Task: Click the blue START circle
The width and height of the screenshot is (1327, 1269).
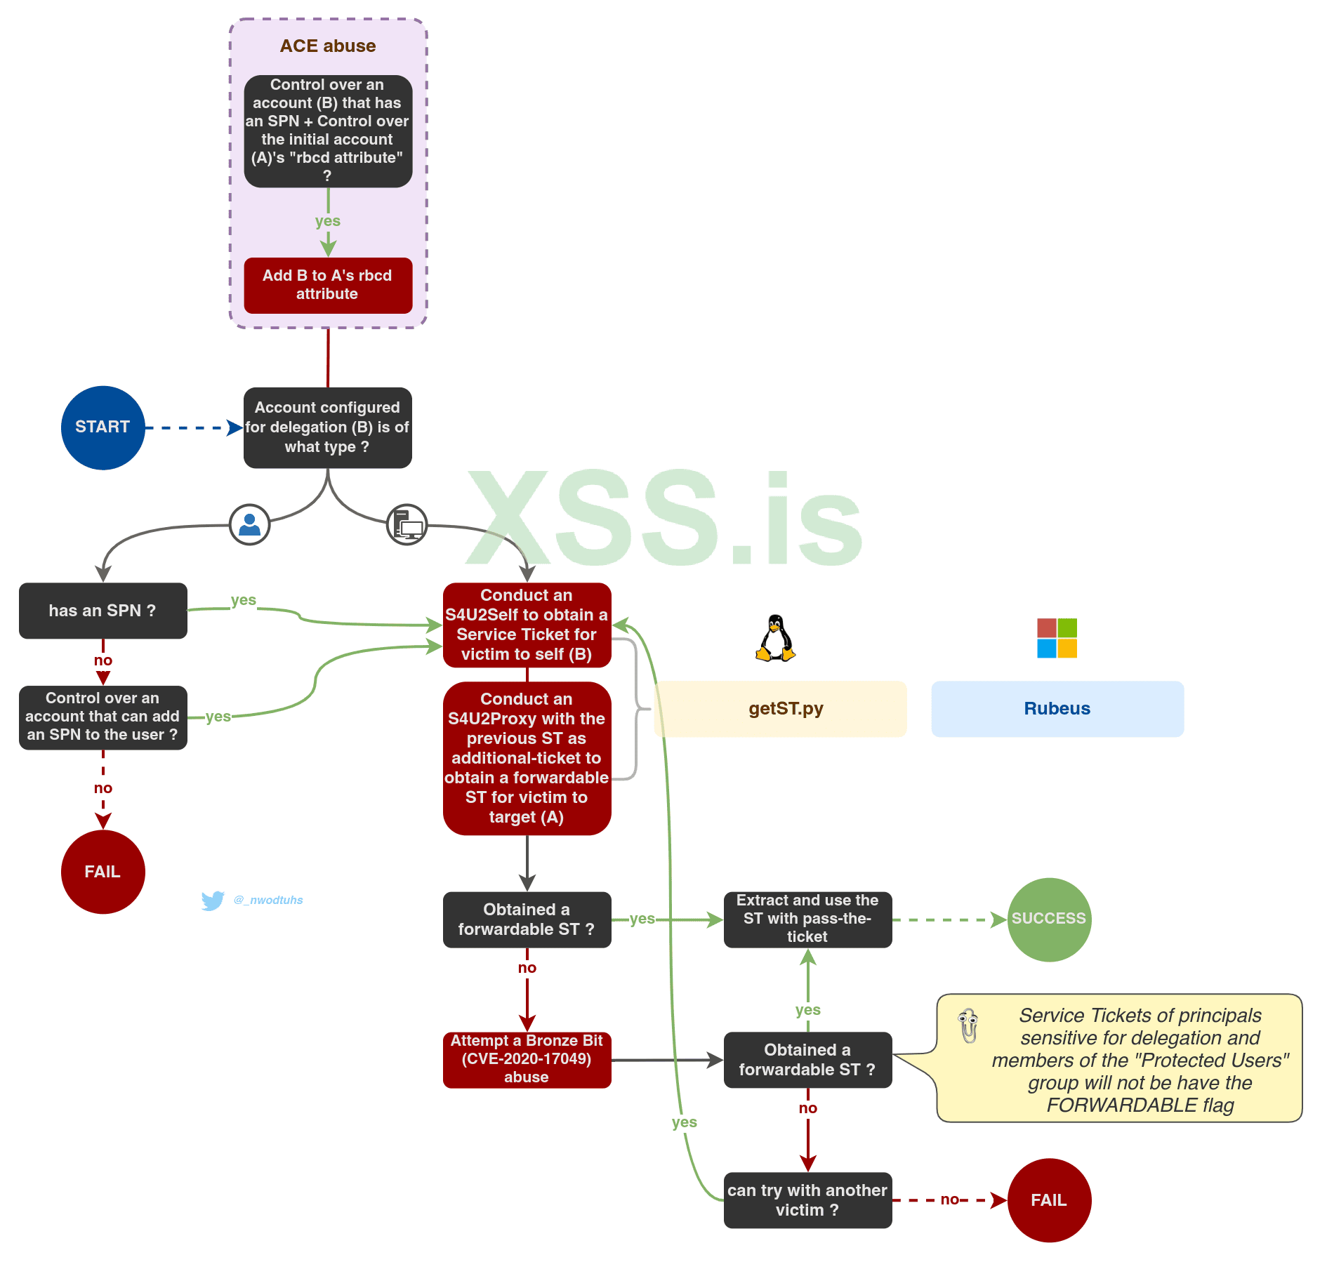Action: coord(103,427)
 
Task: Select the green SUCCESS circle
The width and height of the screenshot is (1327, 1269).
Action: coord(1049,919)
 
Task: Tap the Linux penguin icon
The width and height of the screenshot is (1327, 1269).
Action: coord(775,638)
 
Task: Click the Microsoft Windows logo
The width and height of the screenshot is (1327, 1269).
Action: coord(1057,638)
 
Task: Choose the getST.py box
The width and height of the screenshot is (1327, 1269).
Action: coord(780,709)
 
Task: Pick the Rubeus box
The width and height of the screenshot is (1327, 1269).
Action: coord(1057,709)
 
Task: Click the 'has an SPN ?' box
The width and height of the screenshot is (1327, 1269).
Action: coord(103,611)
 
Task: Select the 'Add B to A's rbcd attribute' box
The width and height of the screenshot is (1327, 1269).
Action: coord(328,285)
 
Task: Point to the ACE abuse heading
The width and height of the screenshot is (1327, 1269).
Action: coord(328,46)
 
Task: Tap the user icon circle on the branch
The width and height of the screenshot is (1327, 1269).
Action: coord(249,524)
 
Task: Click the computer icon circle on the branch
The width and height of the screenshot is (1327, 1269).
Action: coord(407,524)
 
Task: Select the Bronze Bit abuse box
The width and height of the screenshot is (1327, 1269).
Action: coord(527,1059)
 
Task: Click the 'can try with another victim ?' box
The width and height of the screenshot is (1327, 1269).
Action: coord(807,1200)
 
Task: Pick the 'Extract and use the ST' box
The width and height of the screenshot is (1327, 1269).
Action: coord(807,919)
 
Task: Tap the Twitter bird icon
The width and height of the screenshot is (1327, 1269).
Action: coord(212,901)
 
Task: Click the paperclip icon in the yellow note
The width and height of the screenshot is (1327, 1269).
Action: coord(969,1025)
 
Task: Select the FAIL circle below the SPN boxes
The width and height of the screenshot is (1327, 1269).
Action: coord(103,872)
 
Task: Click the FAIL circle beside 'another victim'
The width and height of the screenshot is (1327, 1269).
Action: coord(1049,1200)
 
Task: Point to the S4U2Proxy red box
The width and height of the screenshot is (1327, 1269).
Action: coord(527,758)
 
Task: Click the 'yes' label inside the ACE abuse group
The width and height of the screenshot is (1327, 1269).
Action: coord(328,221)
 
